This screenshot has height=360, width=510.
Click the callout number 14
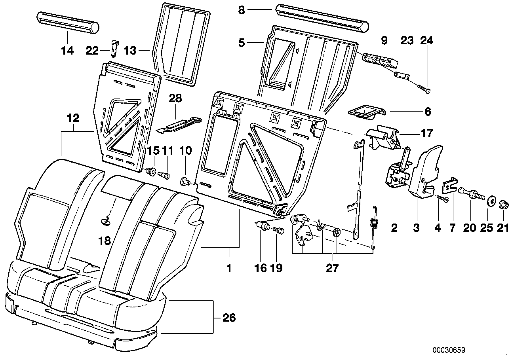coord(67,51)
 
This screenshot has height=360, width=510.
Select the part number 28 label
coord(175,98)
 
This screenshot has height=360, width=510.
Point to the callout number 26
coord(229,318)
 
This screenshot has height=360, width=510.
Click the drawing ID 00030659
coord(448,350)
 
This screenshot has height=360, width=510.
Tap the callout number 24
coord(427,40)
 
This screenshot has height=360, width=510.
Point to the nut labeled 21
coord(504,205)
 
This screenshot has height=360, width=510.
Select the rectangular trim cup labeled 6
coord(365,112)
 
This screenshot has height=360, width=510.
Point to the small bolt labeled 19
coord(278,230)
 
